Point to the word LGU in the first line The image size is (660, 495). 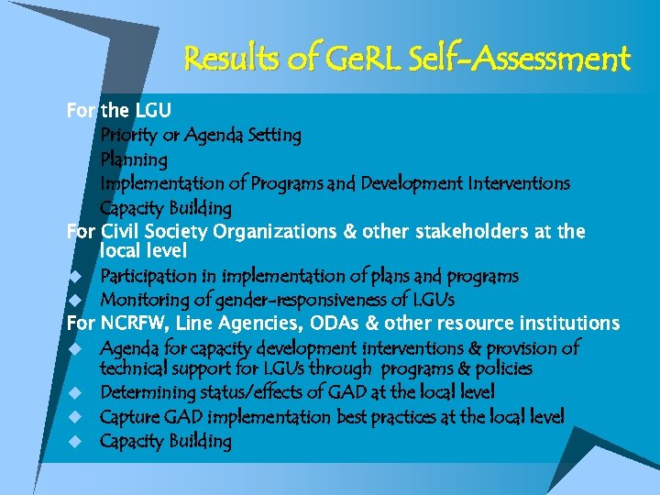[x=153, y=111]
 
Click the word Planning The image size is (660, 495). [x=134, y=160]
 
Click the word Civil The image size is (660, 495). [x=122, y=231]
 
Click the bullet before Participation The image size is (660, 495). [x=76, y=276]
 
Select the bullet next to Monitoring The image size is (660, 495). [x=76, y=300]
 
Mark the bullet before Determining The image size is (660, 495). [x=76, y=393]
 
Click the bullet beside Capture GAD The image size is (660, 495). [x=76, y=417]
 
